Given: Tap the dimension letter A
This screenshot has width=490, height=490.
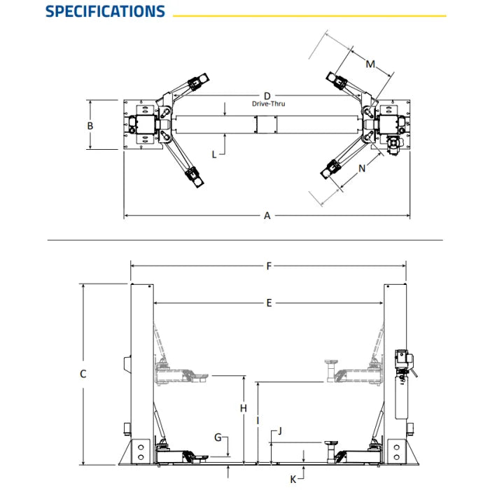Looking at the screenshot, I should point(267,216).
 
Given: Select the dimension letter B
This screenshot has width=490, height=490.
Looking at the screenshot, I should point(90,126).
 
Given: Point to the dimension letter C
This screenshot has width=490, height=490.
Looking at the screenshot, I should point(83,374).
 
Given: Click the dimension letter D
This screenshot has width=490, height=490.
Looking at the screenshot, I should point(267,95).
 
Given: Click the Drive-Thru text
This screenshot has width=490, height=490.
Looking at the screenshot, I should point(269,104).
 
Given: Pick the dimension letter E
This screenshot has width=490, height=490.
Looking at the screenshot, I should point(269,303).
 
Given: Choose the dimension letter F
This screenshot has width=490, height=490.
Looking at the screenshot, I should point(269,265).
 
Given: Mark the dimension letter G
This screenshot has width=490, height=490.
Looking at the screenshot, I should point(218,437).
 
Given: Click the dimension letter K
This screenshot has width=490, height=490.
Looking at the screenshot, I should point(293,479).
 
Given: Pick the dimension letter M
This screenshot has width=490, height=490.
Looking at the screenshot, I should point(371,64).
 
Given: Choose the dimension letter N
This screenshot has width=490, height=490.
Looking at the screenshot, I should point(362,169).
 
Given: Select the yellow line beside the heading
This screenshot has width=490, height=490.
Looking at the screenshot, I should point(309,15).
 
